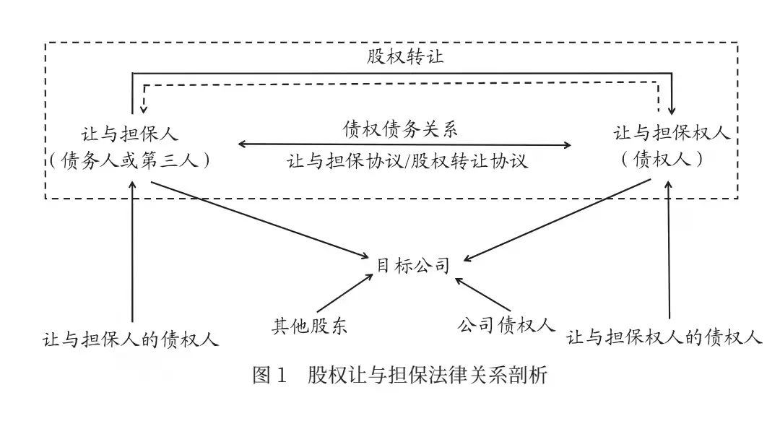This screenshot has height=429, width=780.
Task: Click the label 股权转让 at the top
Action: pyautogui.click(x=405, y=56)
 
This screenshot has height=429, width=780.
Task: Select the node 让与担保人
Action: pyautogui.click(x=130, y=134)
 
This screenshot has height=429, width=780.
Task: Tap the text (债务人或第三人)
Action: pyautogui.click(x=130, y=160)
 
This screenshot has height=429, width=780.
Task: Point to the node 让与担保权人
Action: pyautogui.click(x=672, y=133)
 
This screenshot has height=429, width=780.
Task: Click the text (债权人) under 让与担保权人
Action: pyautogui.click(x=662, y=159)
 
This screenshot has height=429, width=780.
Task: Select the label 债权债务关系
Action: pyautogui.click(x=400, y=129)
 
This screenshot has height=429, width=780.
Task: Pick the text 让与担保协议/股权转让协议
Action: pyautogui.click(x=407, y=161)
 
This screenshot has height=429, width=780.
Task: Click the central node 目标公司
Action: pyautogui.click(x=413, y=266)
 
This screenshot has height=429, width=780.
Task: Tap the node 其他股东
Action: pyautogui.click(x=309, y=326)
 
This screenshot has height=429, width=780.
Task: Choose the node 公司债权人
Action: pyautogui.click(x=506, y=325)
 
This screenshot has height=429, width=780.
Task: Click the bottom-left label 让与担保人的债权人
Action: pyautogui.click(x=131, y=339)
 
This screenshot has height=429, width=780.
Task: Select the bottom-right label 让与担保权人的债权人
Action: pyautogui.click(x=664, y=337)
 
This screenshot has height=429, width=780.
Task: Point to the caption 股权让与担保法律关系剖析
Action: pyautogui.click(x=428, y=375)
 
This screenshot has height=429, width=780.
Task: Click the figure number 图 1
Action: pyautogui.click(x=269, y=375)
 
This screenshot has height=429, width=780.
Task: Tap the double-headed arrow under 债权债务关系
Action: pyautogui.click(x=405, y=145)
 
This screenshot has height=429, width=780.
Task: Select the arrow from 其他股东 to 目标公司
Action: pyautogui.click(x=344, y=292)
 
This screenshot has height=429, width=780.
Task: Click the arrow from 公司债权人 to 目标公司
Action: pyautogui.click(x=483, y=294)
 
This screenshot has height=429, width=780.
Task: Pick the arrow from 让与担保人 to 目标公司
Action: pyautogui.click(x=260, y=220)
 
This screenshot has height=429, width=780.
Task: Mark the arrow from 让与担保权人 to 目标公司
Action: pyautogui.click(x=557, y=220)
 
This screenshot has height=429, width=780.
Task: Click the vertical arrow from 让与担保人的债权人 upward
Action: pyautogui.click(x=132, y=251)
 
